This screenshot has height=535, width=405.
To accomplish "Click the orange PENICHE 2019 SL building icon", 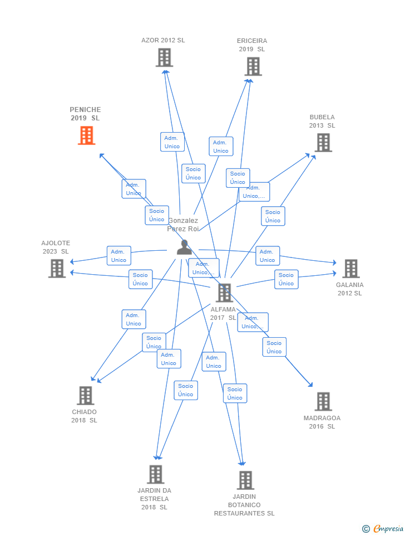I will tap(86, 135).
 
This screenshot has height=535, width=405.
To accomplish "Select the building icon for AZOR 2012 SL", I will tap(164, 57).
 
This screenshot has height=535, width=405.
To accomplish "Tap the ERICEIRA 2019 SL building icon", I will tap(253, 66).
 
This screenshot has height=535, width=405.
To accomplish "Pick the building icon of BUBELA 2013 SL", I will tap(323, 143).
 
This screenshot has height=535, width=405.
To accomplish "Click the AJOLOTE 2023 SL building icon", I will tap(57, 268).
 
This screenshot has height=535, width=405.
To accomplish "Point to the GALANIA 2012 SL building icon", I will tap(350, 269).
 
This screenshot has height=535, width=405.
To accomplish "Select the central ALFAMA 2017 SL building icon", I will tap(224, 293).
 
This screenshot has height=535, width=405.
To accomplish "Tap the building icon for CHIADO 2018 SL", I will tap(85, 396).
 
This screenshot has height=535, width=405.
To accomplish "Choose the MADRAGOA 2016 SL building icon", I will tap(323, 401).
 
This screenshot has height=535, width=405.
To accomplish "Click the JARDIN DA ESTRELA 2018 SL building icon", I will tap(155, 474).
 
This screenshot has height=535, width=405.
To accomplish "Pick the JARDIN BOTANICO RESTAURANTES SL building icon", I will tap(245, 480).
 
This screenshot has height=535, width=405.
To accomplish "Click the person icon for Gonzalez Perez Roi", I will tap(184, 247).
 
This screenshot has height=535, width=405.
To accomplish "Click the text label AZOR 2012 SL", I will tap(163, 40).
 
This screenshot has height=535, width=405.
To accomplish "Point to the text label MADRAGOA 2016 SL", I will tap(322, 422).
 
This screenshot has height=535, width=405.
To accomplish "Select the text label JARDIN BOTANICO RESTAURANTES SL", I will tap(244, 505).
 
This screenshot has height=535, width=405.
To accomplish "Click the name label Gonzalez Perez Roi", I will tap(183, 225).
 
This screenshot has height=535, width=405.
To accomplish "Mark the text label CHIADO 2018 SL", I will tap(84, 416).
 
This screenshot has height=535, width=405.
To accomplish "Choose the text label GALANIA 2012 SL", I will tap(349, 289).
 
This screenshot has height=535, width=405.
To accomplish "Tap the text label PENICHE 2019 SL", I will tap(85, 114).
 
